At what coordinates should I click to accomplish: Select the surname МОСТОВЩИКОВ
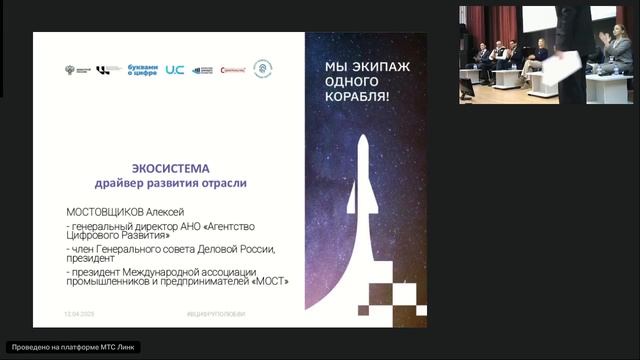(106, 213)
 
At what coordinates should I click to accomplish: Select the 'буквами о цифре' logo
(144, 69)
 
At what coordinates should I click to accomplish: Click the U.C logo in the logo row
(175, 70)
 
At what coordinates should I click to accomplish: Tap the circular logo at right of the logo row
(263, 69)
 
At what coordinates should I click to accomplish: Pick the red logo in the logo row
(233, 70)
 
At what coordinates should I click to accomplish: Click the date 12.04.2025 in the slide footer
(79, 313)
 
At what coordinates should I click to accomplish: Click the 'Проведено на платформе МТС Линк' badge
(72, 347)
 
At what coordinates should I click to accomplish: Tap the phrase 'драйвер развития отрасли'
(170, 185)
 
